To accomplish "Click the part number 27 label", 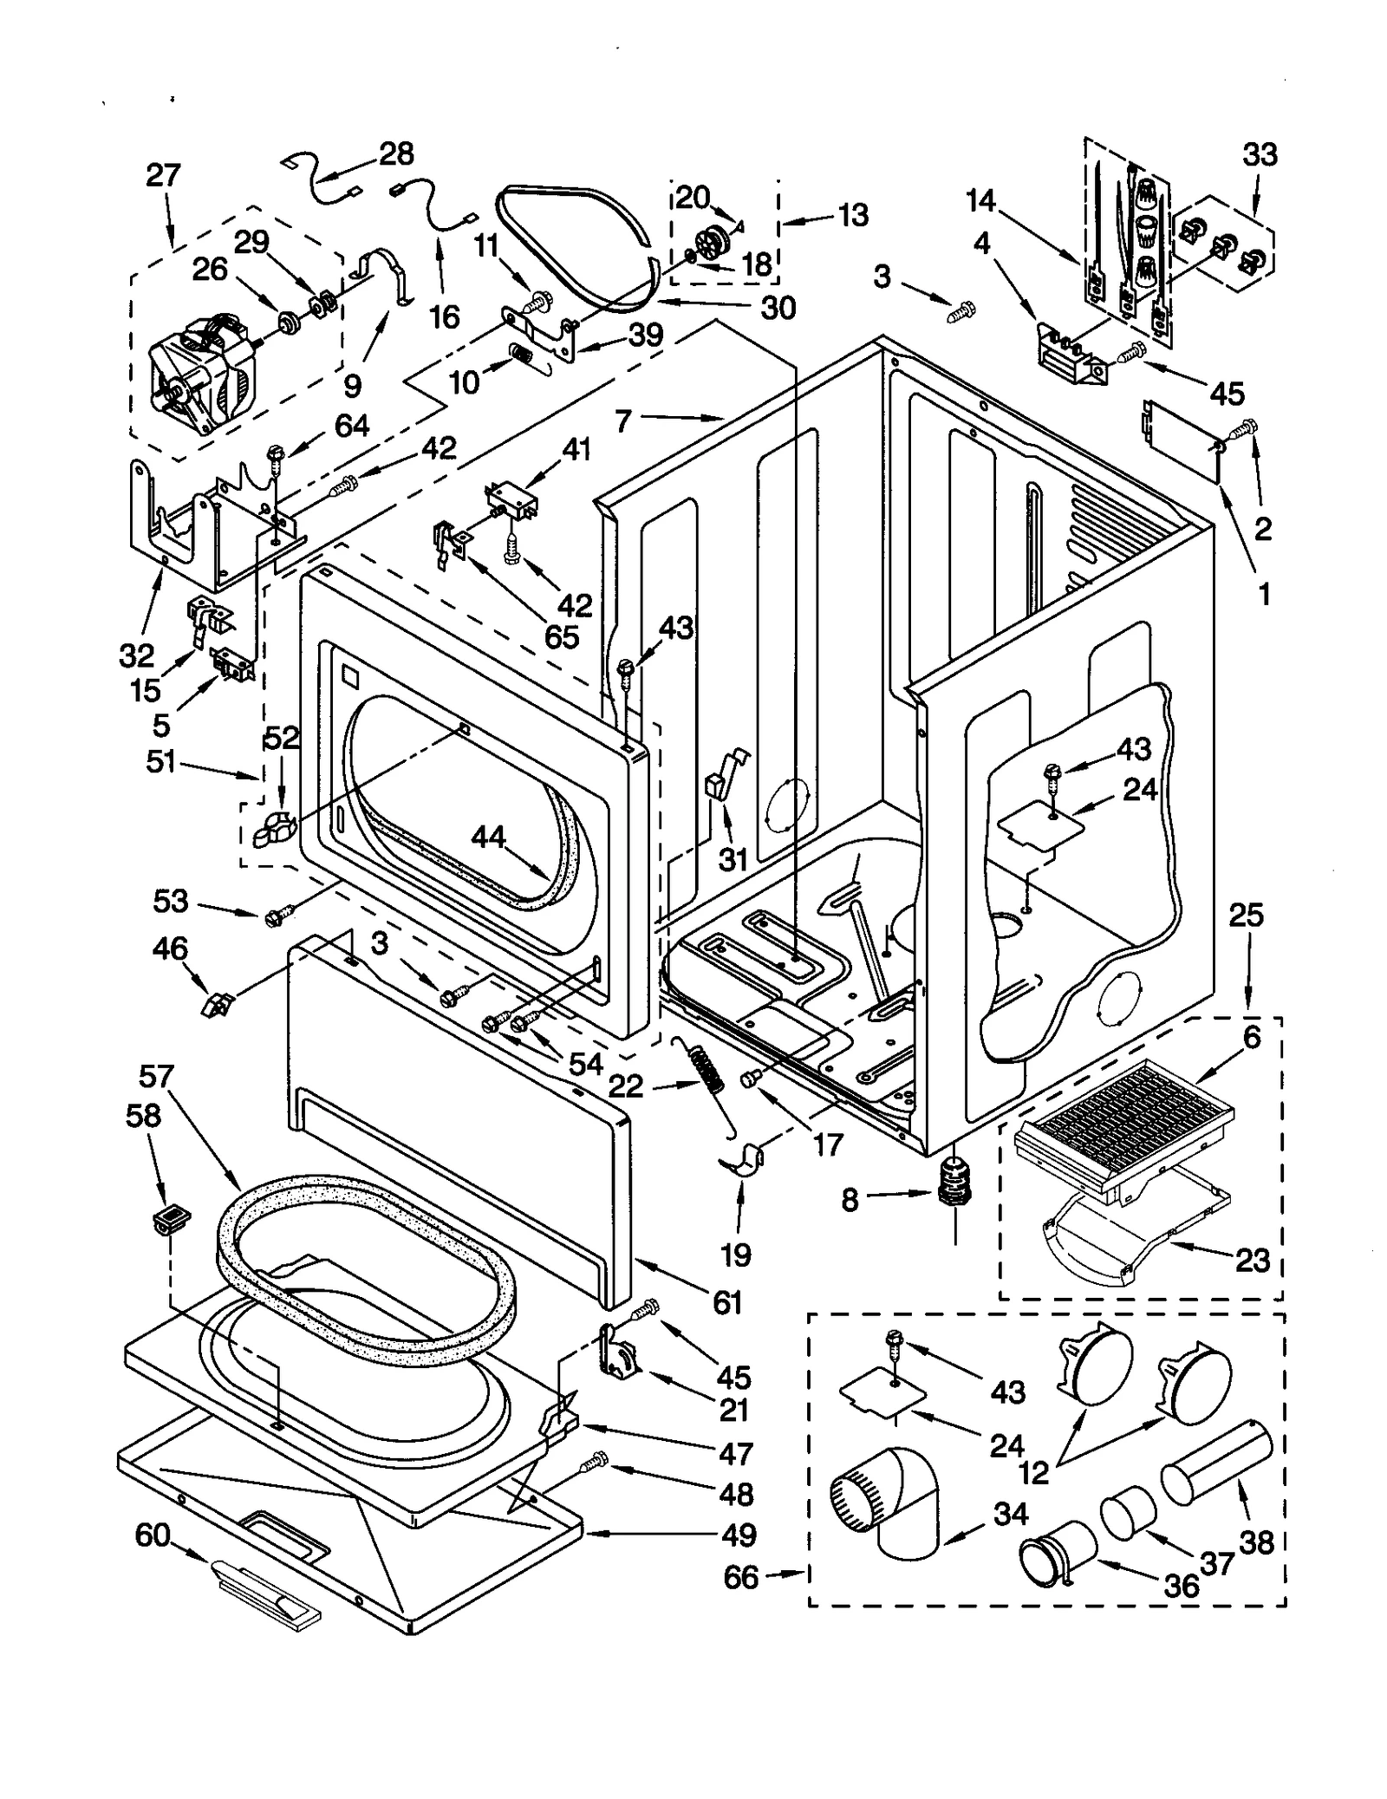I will pyautogui.click(x=162, y=176).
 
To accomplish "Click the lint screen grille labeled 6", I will pyautogui.click(x=1127, y=1127).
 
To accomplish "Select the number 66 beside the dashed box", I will pyautogui.click(x=741, y=1577).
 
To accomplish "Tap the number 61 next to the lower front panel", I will pyautogui.click(x=726, y=1300).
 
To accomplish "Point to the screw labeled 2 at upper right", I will pyautogui.click(x=1248, y=426).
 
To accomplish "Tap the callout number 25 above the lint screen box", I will pyautogui.click(x=1247, y=916).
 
